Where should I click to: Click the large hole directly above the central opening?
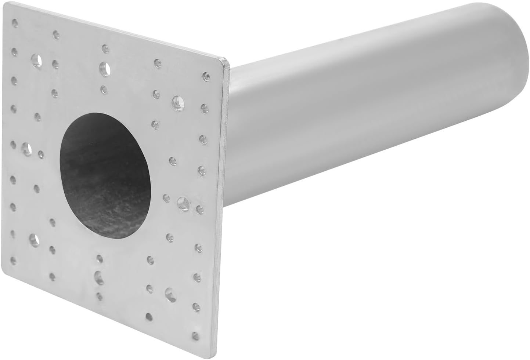click(105, 68)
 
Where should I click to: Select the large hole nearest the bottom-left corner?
click(34, 240)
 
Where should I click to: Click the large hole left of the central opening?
click(26, 148)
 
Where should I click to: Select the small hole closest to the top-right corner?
click(206, 77)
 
